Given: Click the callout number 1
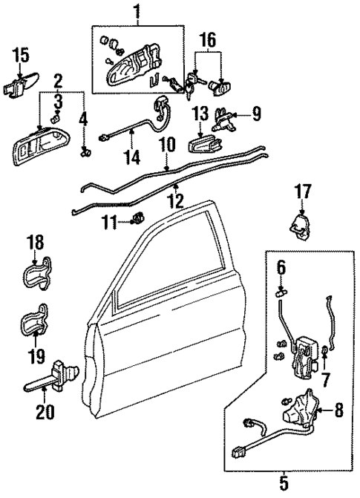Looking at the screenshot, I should (x=136, y=11).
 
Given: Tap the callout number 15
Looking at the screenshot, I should (x=21, y=54).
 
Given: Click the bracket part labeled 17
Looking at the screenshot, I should (x=299, y=226).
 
